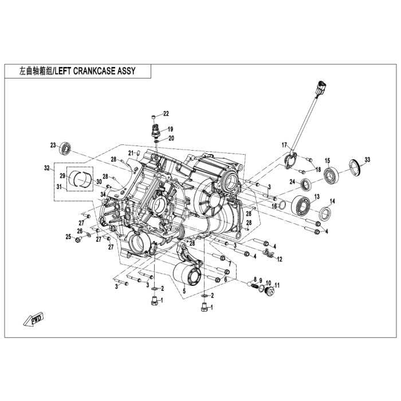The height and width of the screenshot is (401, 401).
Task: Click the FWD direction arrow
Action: pyautogui.click(x=33, y=319)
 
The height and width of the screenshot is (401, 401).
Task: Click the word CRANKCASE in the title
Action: pyautogui.click(x=94, y=71)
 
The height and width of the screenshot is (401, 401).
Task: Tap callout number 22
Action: pyautogui.click(x=166, y=113)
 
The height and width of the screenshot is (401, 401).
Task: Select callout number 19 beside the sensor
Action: pyautogui.click(x=170, y=129)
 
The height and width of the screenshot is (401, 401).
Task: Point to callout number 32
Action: pyautogui.click(x=46, y=168)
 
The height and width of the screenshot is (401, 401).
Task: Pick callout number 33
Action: pyautogui.click(x=367, y=160)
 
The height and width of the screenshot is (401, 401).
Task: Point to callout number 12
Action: pyautogui.click(x=280, y=260)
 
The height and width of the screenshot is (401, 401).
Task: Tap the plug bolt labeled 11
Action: pyautogui.click(x=269, y=291)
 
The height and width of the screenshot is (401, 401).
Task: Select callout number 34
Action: pyautogui.click(x=103, y=195)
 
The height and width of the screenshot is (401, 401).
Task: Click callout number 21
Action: pyautogui.click(x=131, y=153)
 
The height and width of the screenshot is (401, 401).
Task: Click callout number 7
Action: pyautogui.click(x=230, y=264)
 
